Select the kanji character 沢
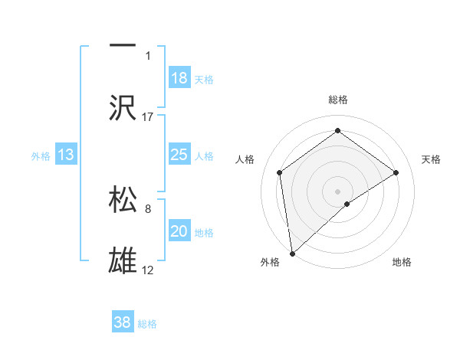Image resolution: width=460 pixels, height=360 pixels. point(123,107)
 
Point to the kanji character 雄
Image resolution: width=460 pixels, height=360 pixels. point(123,260)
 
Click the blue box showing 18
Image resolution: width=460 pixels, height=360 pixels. point(179,78)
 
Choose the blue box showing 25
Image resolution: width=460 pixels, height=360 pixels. point(179,155)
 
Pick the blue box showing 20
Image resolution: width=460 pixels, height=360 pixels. point(179,231)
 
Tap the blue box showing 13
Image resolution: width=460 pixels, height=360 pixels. point(66,155)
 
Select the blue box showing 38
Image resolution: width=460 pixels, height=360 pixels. point(123,322)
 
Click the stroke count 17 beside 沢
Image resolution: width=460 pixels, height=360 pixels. point(148,116)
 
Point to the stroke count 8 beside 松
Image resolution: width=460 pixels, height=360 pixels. point(148,207)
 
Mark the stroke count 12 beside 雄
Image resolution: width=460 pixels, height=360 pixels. point(148,270)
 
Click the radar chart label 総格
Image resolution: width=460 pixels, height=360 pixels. point(338,100)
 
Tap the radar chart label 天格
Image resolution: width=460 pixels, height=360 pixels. point(431,159)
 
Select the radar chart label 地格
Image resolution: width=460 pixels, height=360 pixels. point(402,262)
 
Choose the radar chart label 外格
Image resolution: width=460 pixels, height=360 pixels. point(270,262)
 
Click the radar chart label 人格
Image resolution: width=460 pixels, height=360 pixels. point(245,159)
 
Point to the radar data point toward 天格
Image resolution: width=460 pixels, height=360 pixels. point(396,172)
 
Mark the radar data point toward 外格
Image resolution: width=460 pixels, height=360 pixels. point(291,254)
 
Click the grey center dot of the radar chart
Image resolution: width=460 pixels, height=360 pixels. point(338,191)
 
